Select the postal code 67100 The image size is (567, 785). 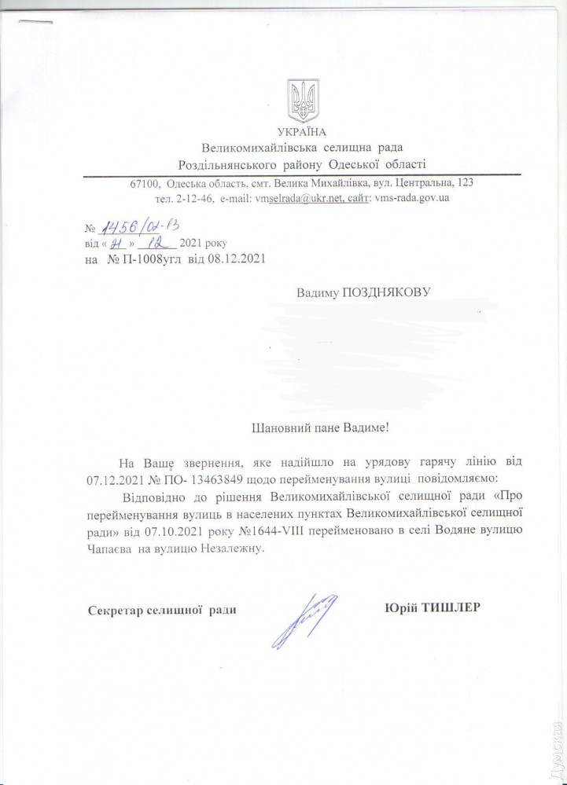click(145, 183)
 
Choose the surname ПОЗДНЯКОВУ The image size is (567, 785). click(385, 293)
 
